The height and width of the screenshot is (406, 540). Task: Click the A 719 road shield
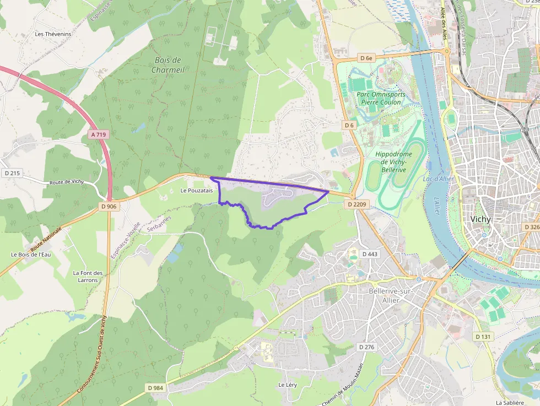coord(99,134)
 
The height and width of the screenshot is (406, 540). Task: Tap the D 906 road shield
coord(109,206)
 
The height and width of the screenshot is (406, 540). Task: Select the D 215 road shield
coord(12,173)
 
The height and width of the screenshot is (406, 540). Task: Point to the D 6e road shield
coord(366,58)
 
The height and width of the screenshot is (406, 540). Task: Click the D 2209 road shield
coord(356,204)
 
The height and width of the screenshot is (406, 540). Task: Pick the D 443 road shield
coord(370,254)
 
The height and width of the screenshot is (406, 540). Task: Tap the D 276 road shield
coord(366,347)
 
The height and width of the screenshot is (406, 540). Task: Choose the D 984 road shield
coord(156,388)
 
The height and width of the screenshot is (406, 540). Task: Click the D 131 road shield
coord(483,336)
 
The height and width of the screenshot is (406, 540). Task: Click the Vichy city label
coord(480,219)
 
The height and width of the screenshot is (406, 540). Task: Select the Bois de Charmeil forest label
coord(168,65)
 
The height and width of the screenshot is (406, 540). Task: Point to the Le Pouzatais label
coord(196,191)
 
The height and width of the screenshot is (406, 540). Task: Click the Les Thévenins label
coord(53,34)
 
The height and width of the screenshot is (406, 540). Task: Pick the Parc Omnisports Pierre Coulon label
coord(381,98)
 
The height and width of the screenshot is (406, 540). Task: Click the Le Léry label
coord(288,385)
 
